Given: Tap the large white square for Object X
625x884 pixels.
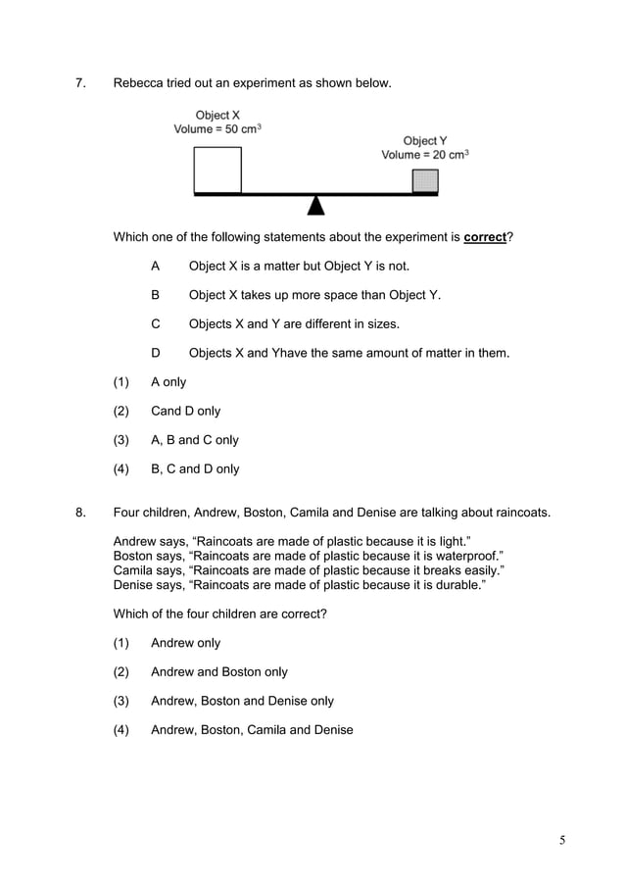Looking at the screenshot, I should tap(217, 170).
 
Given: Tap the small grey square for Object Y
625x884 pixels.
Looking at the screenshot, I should tap(424, 181).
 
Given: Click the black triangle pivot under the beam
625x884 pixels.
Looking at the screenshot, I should tap(315, 204).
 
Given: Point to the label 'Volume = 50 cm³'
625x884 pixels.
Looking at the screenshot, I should tap(217, 129).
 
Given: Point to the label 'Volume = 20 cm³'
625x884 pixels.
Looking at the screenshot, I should tap(424, 155).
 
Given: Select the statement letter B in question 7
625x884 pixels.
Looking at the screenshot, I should tap(155, 295).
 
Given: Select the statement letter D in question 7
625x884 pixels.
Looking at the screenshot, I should tap(155, 353).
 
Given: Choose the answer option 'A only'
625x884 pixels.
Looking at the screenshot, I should tap(168, 382).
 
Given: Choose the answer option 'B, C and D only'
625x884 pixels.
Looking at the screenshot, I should tap(195, 468).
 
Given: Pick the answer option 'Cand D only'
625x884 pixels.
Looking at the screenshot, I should tap(185, 412).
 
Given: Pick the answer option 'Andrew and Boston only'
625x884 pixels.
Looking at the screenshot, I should tap(218, 672).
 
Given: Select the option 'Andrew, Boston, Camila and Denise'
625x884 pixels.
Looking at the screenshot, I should tap(252, 729).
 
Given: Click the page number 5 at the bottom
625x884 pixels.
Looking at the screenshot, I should tap(563, 840).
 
